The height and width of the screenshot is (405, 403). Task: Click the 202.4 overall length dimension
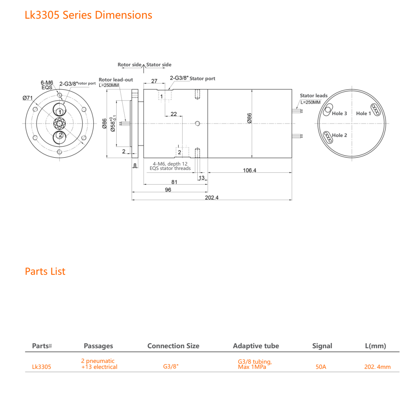point(212,198)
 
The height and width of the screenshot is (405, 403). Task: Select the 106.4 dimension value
point(250,170)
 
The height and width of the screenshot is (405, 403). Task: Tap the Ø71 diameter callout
point(28,98)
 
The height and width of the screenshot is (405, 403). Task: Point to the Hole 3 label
point(339,114)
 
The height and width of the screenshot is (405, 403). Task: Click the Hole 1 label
point(363,114)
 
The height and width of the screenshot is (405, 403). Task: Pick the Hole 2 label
point(339,135)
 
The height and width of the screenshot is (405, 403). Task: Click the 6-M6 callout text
point(47,83)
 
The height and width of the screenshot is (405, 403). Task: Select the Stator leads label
point(314,96)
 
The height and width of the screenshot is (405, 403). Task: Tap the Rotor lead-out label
point(116,80)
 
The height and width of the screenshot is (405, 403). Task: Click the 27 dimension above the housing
point(154,81)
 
